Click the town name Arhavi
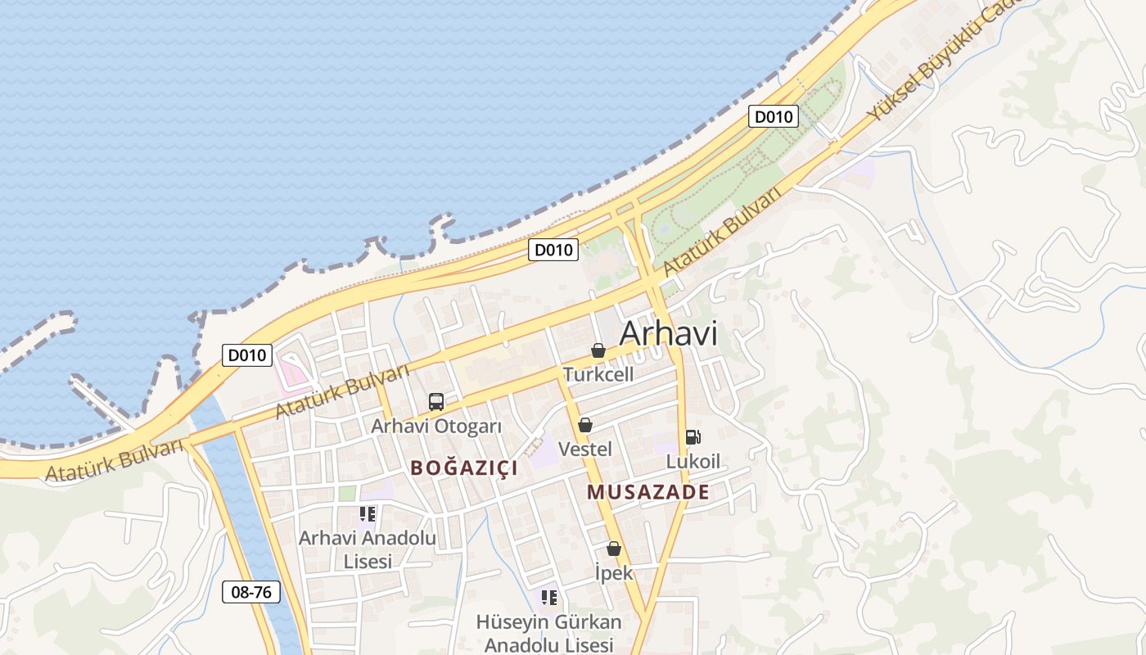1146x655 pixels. click(668, 333)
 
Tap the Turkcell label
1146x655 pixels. click(598, 374)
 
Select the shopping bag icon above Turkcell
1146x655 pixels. click(598, 351)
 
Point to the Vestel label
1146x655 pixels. click(584, 449)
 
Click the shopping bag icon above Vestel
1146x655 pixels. click(584, 425)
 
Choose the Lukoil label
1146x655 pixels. click(693, 461)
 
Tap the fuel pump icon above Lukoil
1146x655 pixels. click(693, 437)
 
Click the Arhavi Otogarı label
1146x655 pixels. click(436, 426)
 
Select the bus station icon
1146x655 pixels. click(436, 402)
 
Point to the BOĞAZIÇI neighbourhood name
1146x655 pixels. click(464, 468)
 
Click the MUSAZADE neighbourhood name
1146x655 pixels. click(648, 492)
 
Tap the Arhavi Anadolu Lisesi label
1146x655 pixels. click(368, 549)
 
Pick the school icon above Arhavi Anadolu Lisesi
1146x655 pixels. click(368, 514)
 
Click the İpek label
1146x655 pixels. click(614, 572)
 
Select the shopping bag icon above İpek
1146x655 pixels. click(614, 549)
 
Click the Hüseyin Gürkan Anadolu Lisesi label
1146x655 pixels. click(548, 633)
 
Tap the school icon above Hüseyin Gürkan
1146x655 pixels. click(548, 598)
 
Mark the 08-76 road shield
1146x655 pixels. click(251, 592)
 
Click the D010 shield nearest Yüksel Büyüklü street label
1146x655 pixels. click(773, 117)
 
